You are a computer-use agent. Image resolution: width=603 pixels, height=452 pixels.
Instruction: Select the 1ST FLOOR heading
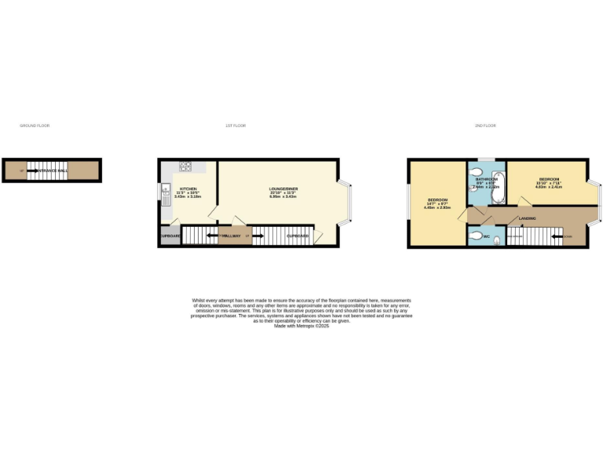(x=236, y=126)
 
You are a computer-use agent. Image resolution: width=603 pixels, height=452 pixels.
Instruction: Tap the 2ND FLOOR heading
(x=484, y=126)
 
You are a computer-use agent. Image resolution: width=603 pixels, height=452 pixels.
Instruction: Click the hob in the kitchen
(x=187, y=166)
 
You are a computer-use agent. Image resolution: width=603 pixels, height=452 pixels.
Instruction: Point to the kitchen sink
(x=166, y=191)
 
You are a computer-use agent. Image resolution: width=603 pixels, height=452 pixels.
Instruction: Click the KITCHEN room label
(x=188, y=189)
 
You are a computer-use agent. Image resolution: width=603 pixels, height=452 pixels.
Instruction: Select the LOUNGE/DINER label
(x=281, y=189)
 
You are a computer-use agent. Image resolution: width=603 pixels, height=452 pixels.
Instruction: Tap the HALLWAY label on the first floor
(x=232, y=235)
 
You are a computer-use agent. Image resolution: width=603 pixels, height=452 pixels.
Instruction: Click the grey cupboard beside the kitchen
(x=170, y=236)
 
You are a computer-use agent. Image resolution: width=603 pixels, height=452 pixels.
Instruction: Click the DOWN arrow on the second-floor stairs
(x=559, y=235)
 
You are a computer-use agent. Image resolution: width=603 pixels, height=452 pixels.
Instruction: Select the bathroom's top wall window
(x=486, y=159)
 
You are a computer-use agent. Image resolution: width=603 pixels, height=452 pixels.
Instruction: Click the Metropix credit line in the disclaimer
(x=301, y=326)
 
